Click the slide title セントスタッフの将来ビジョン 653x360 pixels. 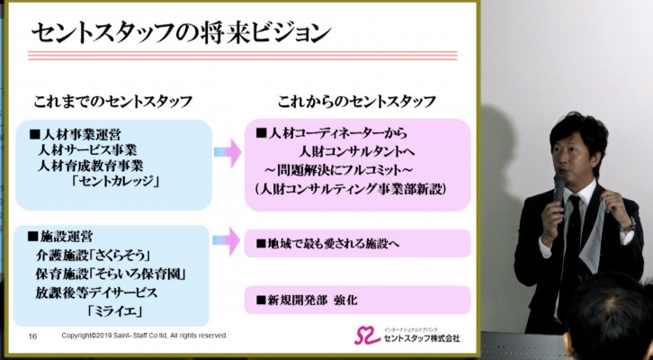coord(181,33)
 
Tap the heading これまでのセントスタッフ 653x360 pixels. coord(112,102)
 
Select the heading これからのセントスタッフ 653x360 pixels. coord(357,101)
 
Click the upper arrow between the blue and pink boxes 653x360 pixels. coord(228,152)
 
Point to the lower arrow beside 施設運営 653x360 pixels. coord(226,241)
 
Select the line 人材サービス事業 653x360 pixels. coord(87,149)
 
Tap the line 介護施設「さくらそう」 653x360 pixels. coord(93,255)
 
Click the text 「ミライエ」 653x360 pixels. coord(114,310)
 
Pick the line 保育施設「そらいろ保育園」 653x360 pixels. coord(111,274)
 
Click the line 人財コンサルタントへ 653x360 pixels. coord(357,151)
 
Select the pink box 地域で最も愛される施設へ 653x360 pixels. coord(357,243)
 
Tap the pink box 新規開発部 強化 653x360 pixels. coord(357,300)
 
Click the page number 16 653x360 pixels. coord(33,337)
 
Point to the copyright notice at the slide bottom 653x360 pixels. coord(145,336)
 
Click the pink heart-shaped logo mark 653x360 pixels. coord(367,336)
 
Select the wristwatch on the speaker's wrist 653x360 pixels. coord(627,226)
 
